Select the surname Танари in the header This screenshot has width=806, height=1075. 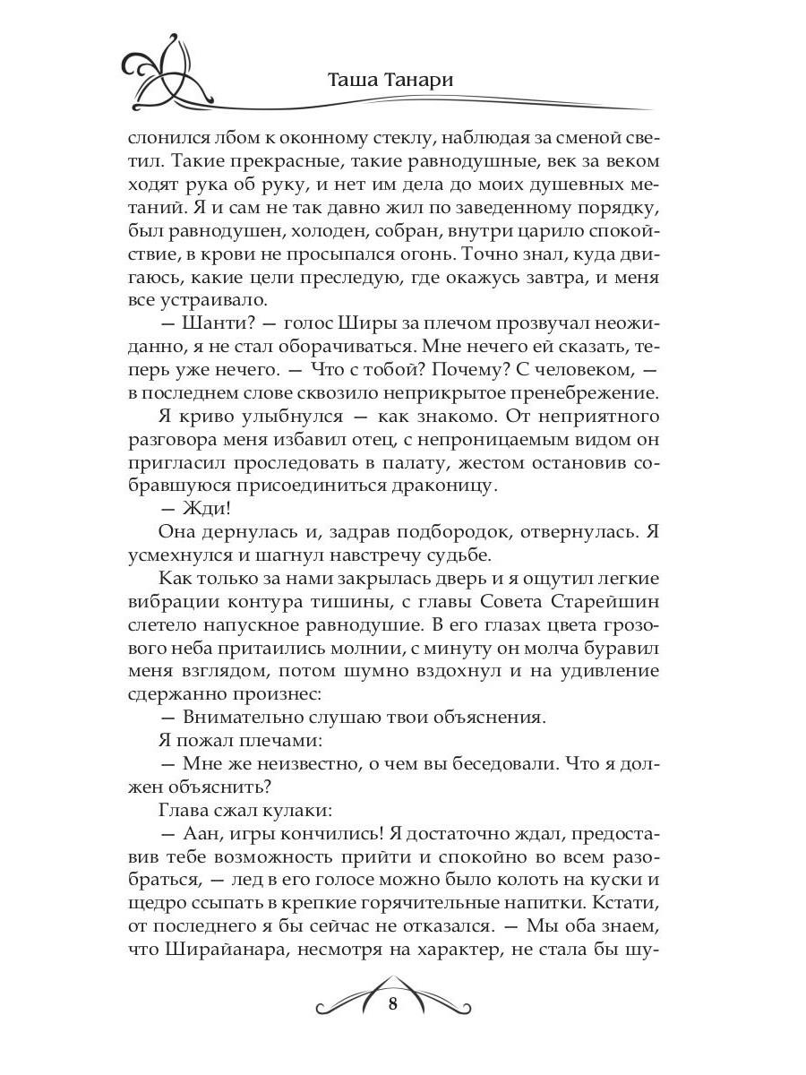418,79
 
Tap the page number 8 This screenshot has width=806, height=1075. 393,1002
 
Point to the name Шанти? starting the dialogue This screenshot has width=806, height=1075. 219,321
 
